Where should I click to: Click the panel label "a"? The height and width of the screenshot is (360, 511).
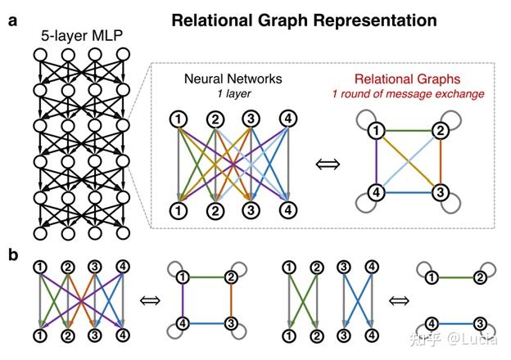pos(12,20)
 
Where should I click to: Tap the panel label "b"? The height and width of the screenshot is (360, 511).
pos(12,254)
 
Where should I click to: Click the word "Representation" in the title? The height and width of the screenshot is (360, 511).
pos(365,20)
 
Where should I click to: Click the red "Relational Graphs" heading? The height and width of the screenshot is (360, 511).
pos(403,79)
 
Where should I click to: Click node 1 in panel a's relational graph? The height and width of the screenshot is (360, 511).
pos(374,130)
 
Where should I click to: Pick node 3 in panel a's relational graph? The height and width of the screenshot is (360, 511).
pos(438,192)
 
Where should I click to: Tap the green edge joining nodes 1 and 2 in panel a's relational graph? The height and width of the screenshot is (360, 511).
pos(406,129)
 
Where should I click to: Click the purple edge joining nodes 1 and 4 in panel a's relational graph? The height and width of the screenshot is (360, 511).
pos(374,161)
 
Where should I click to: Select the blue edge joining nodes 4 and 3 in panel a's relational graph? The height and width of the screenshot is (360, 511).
pos(406,193)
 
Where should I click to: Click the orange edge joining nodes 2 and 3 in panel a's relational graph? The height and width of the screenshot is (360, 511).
pos(439,161)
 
